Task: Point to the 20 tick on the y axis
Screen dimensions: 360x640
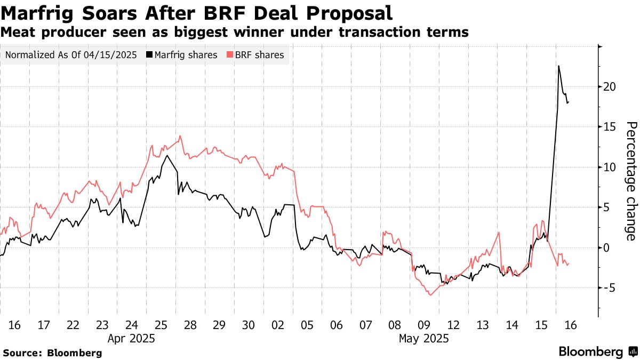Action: pyautogui.click(x=610, y=86)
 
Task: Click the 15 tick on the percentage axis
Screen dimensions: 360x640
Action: pyautogui.click(x=610, y=126)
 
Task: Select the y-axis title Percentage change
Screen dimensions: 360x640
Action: pyautogui.click(x=630, y=181)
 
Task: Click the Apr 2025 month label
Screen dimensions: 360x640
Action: pyautogui.click(x=131, y=338)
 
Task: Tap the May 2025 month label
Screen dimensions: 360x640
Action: pyautogui.click(x=425, y=338)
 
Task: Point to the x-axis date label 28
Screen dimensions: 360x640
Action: pyautogui.click(x=190, y=325)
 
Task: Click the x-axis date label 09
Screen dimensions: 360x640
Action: pyautogui.click(x=424, y=325)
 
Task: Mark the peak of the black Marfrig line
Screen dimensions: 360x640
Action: pyautogui.click(x=558, y=66)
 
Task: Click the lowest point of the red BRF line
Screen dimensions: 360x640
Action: pyautogui.click(x=430, y=295)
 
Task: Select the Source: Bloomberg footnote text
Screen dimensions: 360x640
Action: pyautogui.click(x=52, y=353)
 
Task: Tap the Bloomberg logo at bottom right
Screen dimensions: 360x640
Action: pyautogui.click(x=597, y=352)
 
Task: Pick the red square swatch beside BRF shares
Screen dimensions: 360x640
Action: pyautogui.click(x=230, y=55)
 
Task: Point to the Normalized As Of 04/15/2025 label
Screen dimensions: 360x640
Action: pyautogui.click(x=71, y=55)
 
